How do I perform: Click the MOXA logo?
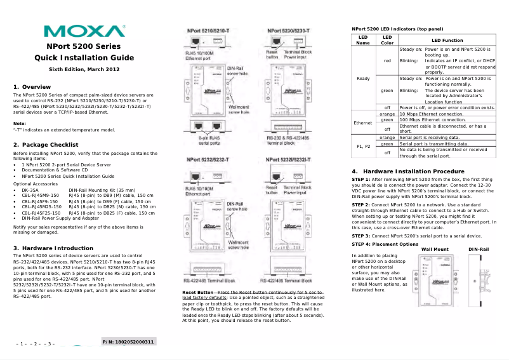point(84,31)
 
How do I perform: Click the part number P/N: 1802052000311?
point(129,342)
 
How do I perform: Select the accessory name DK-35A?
point(30,190)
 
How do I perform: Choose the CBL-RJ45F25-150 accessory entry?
point(41,213)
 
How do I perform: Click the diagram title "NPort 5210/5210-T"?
point(206,30)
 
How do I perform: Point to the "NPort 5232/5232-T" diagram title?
point(206,159)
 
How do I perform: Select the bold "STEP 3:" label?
point(365,235)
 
